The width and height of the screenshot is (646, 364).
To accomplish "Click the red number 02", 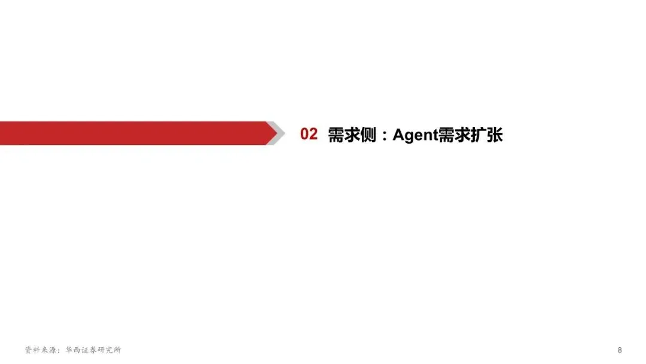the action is pos(309,134).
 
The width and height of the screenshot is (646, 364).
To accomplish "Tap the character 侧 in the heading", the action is pos(369,135).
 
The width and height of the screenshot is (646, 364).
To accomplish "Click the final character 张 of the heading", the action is pos(495,135).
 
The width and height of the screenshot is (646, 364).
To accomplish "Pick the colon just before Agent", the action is pos(384,136).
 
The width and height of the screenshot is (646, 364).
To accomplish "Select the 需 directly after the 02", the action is pos(336,135).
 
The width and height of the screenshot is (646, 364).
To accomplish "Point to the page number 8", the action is pos(620,350).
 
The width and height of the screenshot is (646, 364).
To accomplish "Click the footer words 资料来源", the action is pos(41,350).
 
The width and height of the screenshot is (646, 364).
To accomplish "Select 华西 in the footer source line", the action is pos(74,350).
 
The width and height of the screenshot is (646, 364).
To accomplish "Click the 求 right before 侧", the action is pos(353,135).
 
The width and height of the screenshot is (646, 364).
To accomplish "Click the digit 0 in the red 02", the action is pos(304,134).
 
